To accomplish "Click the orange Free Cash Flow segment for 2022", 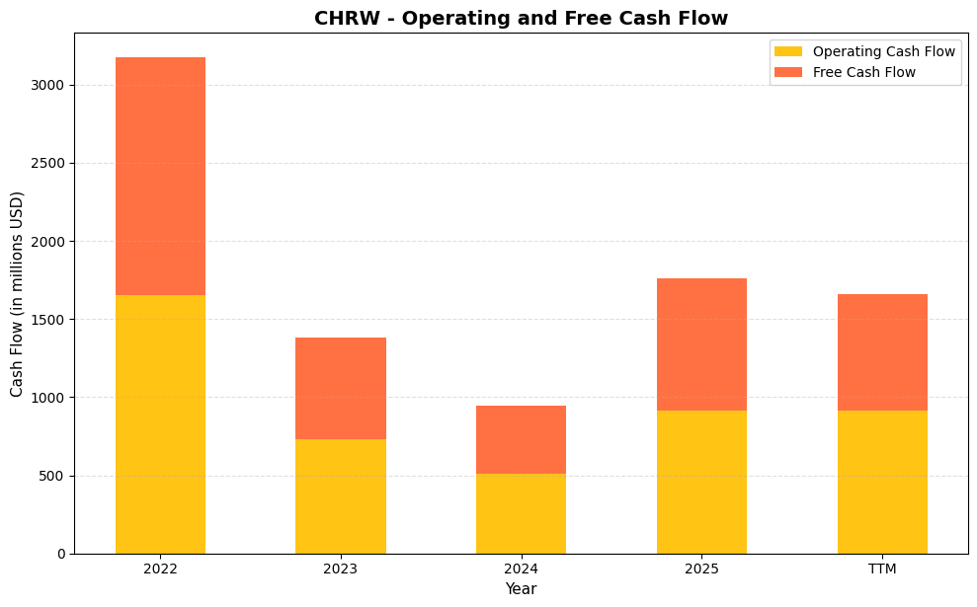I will click(x=160, y=176).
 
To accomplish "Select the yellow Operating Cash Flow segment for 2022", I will click(x=160, y=424).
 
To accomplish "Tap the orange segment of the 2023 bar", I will click(x=341, y=388).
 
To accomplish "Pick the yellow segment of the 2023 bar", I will click(x=341, y=496).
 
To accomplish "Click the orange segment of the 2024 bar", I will click(x=521, y=439).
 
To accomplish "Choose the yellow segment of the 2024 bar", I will click(x=521, y=513).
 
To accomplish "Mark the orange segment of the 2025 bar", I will click(x=701, y=344).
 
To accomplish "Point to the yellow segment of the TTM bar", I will click(x=882, y=482).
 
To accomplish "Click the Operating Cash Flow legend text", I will click(x=883, y=51).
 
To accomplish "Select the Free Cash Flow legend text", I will click(x=863, y=72).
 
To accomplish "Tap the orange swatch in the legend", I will click(x=788, y=72).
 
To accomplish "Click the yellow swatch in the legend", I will click(x=788, y=51).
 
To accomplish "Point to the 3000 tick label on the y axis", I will click(x=47, y=85).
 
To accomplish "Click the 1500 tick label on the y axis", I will click(x=47, y=320).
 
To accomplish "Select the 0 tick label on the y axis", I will click(x=60, y=554).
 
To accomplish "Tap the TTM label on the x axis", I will click(x=882, y=569).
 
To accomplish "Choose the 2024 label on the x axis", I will click(x=521, y=569).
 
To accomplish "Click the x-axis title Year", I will click(x=521, y=589).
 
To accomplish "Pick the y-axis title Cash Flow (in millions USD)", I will click(x=17, y=293).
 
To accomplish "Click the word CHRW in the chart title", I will click(x=345, y=18).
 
